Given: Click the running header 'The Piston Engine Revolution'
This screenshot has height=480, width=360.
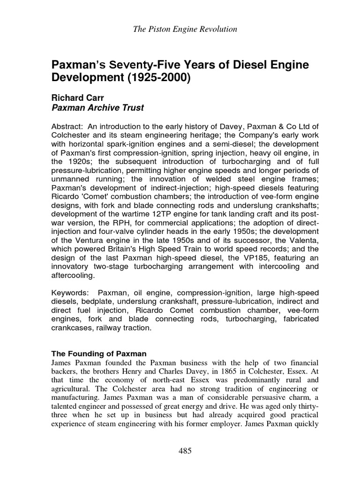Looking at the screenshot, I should click(185, 30).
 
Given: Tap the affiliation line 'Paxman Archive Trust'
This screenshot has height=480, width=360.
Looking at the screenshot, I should click(97, 108).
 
